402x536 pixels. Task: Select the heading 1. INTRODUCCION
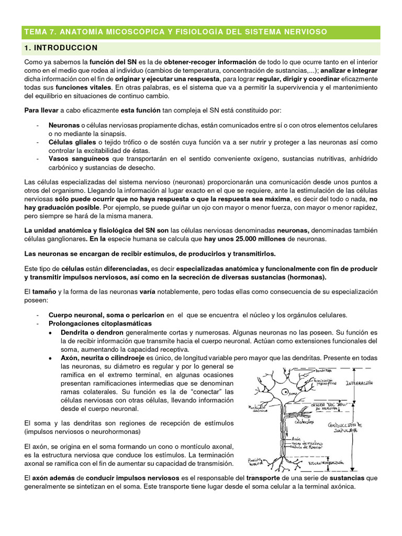point(61,48)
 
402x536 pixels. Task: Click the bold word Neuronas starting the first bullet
point(64,126)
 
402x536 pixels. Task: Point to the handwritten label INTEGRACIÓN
point(361,383)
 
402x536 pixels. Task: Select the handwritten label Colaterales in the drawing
point(304,421)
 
